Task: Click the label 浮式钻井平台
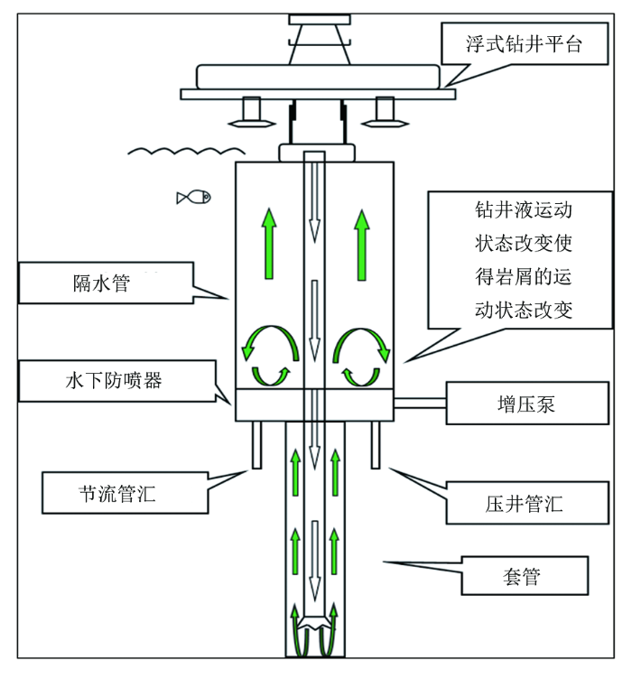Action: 525,44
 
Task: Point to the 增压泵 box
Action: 527,404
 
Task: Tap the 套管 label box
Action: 525,576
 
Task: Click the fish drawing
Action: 194,198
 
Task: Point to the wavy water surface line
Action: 186,151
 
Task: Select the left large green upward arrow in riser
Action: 269,244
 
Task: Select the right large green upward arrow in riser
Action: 362,246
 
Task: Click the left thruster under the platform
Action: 252,113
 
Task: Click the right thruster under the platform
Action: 385,113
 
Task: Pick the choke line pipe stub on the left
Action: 256,445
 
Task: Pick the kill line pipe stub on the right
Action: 376,445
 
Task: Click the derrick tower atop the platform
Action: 320,40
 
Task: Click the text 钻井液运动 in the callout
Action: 524,209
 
